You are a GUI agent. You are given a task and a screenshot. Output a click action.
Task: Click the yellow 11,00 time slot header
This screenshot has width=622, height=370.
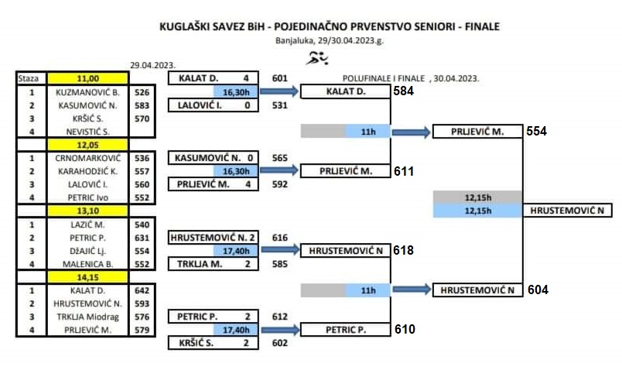pyautogui.click(x=87, y=78)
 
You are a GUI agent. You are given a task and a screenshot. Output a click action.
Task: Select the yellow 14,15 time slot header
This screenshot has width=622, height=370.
pyautogui.click(x=87, y=277)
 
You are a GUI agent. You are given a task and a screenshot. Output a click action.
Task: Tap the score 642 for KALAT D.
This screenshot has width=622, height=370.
pyautogui.click(x=142, y=290)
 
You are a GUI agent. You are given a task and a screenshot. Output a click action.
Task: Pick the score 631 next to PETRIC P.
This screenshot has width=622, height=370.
pyautogui.click(x=142, y=238)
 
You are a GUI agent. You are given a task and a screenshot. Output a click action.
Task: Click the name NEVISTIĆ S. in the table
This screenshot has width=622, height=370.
pyautogui.click(x=87, y=132)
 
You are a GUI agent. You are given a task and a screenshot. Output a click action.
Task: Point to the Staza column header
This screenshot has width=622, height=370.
pyautogui.click(x=29, y=78)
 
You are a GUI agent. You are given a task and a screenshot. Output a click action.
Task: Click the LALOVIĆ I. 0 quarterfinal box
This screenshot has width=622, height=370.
pyautogui.click(x=214, y=105)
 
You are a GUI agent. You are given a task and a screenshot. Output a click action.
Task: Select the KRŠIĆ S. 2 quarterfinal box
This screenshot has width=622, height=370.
pyautogui.click(x=214, y=343)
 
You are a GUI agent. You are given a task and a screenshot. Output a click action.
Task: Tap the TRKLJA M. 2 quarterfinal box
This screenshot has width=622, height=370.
pyautogui.click(x=214, y=264)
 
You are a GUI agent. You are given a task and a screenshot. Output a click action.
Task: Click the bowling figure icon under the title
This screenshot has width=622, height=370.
pyautogui.click(x=317, y=58)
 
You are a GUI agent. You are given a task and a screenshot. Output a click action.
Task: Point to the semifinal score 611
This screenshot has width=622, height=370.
pyautogui.click(x=404, y=171)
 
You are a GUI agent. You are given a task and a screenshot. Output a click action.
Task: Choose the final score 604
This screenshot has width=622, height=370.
pyautogui.click(x=538, y=289)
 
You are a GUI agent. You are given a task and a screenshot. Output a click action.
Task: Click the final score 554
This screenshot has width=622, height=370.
pyautogui.click(x=536, y=132)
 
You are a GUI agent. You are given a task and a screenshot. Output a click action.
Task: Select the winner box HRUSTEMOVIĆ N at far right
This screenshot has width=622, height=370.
pyautogui.click(x=567, y=211)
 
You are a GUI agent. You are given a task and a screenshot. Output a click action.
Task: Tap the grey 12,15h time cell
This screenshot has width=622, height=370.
pyautogui.click(x=477, y=197)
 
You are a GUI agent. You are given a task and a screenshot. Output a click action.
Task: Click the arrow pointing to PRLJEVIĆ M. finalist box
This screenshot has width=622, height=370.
pyautogui.click(x=411, y=132)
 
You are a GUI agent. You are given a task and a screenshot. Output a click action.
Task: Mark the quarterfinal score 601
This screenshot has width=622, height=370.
pyautogui.click(x=279, y=78)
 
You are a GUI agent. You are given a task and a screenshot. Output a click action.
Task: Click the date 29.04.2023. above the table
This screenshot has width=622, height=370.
pyautogui.click(x=152, y=65)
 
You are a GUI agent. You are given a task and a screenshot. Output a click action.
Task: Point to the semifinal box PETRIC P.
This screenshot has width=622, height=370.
pyautogui.click(x=346, y=330)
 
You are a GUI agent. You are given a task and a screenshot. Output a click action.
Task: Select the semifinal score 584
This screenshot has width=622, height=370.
pyautogui.click(x=403, y=91)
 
